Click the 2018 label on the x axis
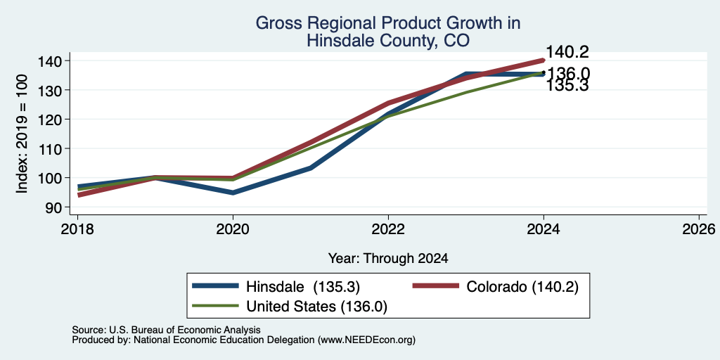pos(77,229)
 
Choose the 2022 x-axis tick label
pos(388,229)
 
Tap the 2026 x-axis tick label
pos(700,229)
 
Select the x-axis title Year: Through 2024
pos(388,259)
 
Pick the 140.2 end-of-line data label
pos(567,52)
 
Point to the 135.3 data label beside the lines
pos(567,86)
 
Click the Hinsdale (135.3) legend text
pos(303,287)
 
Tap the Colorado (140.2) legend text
pos(522,287)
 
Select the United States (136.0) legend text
pos(317,307)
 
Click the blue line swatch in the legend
pos(216,286)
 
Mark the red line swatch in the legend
pos(436,286)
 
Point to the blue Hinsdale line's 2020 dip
pos(233,193)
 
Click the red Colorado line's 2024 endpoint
pos(544,60)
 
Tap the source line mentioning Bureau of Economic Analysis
pos(166,330)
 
